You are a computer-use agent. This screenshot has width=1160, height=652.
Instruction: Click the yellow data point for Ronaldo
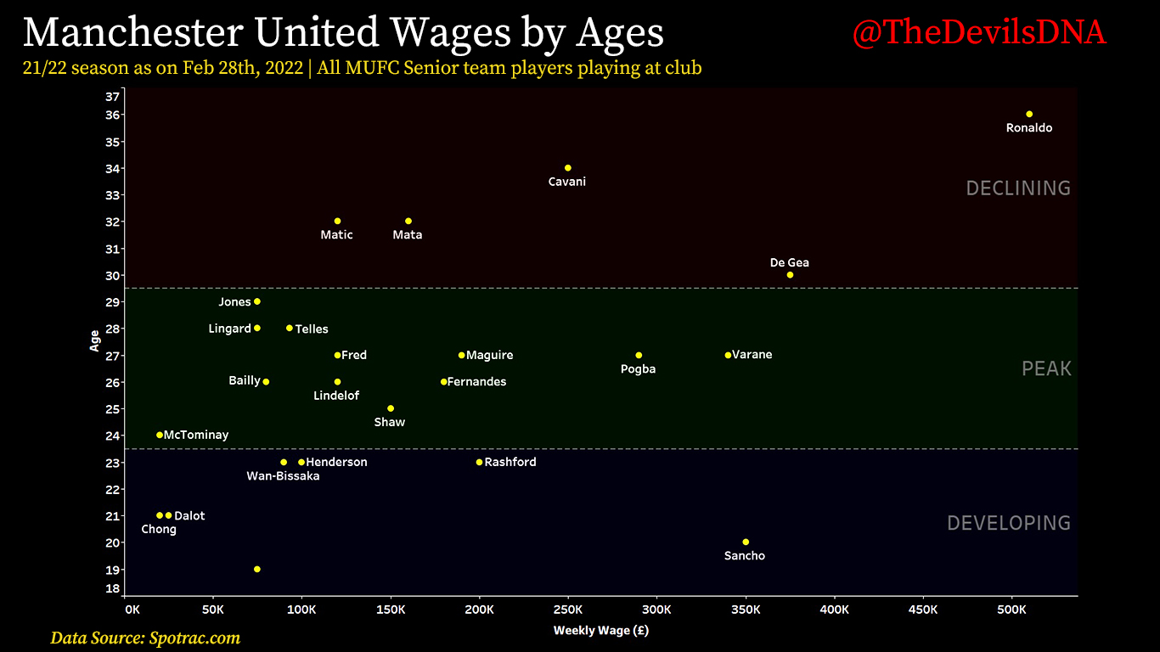point(1029,114)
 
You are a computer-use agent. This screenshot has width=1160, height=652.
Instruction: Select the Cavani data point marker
point(567,168)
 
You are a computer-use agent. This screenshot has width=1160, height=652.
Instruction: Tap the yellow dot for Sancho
point(746,542)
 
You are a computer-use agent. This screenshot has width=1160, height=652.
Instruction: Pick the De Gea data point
point(790,275)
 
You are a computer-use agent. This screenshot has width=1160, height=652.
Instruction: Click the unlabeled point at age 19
point(256,569)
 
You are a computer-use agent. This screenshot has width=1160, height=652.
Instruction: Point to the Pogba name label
point(638,369)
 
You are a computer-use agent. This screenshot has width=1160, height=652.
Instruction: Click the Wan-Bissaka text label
point(283,476)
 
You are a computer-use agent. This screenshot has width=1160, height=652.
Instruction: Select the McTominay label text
point(196,435)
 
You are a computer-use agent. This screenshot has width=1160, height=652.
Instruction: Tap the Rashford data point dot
point(479,462)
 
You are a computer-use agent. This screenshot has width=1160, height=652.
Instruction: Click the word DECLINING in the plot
point(1018,188)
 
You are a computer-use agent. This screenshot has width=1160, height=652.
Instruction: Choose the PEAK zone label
point(1046,368)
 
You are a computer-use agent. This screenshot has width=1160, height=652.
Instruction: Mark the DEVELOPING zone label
point(1009,523)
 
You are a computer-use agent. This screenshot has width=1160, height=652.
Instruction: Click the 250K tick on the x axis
point(567,610)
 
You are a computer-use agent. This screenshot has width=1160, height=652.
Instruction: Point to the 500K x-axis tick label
point(1011,610)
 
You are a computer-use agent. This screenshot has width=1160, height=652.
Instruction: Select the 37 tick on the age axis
point(112,97)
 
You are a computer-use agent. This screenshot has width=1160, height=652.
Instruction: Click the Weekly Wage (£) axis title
point(600,631)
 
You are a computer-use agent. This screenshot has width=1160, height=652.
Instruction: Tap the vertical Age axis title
point(94,340)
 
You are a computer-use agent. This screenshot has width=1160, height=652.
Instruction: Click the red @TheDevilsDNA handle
point(979,32)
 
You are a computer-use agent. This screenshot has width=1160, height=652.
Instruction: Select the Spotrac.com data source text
point(194,638)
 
